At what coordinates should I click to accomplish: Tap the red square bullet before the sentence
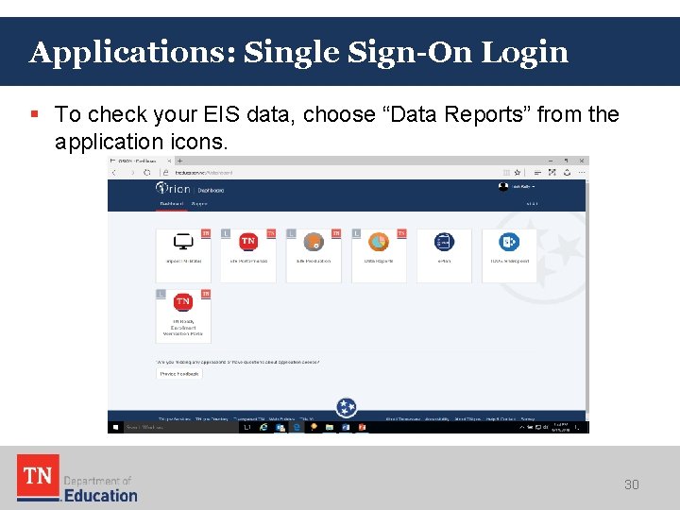(x=34, y=115)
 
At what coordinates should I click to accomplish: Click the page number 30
(x=631, y=484)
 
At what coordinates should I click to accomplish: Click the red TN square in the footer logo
(x=38, y=476)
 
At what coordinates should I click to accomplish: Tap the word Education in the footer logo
(x=101, y=494)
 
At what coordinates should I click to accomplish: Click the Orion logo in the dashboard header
(x=175, y=189)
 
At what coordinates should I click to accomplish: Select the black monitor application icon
(x=183, y=243)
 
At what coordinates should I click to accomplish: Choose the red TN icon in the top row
(x=248, y=243)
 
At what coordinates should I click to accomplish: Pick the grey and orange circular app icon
(x=314, y=243)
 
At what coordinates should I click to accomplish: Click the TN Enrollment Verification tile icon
(x=183, y=302)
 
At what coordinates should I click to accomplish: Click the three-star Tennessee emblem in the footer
(x=347, y=408)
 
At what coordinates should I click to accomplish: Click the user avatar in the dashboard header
(x=503, y=186)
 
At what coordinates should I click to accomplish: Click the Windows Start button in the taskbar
(x=115, y=427)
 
